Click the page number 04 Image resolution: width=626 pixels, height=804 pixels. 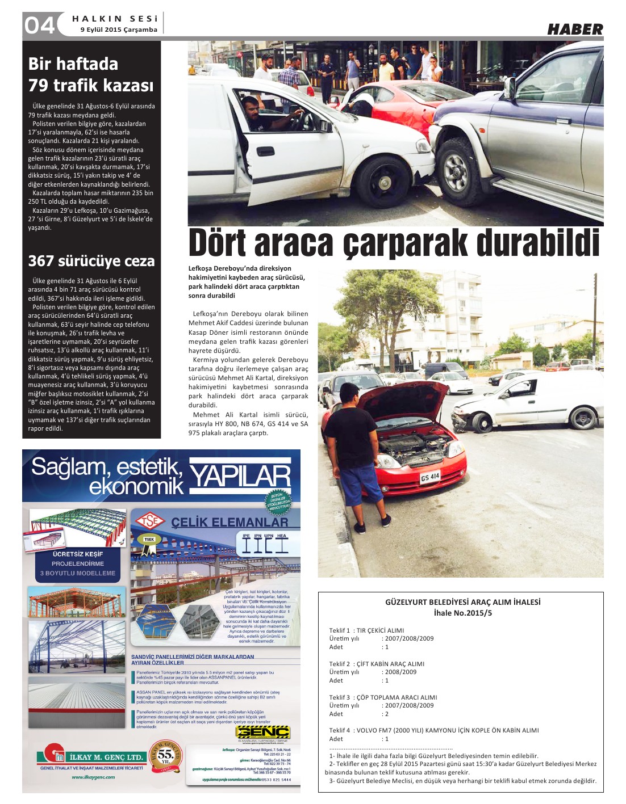(39, 25)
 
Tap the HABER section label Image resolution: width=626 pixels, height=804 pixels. (574, 29)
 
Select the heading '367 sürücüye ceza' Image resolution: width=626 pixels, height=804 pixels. (91, 261)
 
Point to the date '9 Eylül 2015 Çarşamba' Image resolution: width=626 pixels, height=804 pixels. (119, 30)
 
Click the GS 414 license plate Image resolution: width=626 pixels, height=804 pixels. (430, 477)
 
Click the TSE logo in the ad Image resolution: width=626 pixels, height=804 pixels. (149, 520)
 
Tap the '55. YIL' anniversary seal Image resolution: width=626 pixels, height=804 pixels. (165, 755)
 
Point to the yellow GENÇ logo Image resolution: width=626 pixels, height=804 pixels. (263, 733)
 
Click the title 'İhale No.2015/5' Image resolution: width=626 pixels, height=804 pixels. (462, 613)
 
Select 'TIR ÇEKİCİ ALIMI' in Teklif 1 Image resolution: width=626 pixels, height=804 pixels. (380, 630)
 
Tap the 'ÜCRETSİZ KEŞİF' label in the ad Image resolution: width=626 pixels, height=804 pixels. (78, 554)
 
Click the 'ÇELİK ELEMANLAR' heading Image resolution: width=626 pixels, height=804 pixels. (229, 522)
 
